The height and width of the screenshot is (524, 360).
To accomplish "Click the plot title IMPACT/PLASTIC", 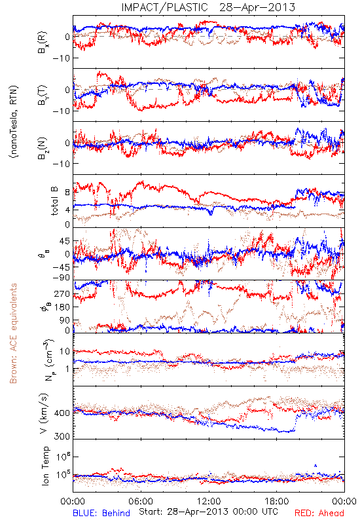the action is coord(165,7).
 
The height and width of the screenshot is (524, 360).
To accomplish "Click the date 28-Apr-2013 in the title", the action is coord(257,7).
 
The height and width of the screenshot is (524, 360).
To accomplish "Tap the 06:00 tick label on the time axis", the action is coord(141,501).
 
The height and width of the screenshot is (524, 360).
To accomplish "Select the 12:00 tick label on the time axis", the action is coord(209,501).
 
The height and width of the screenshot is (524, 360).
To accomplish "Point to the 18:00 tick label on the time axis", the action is coord(277,501).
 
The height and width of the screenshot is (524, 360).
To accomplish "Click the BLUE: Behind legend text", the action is coord(101,513).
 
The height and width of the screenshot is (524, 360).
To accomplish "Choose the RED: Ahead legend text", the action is coord(319,513).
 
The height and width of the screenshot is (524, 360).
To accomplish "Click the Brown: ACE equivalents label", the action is coord(13,333).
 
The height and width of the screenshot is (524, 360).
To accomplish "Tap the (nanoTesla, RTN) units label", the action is coord(14,122).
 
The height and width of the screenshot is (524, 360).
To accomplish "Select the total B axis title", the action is coord(54,201).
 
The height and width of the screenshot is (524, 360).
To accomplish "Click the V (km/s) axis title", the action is coord(44,413).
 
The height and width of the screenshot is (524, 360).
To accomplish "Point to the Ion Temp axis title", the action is coord(45,466).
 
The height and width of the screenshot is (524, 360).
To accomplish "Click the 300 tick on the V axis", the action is coord(62,436).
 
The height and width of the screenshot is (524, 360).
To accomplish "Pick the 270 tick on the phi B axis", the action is coord(62,294).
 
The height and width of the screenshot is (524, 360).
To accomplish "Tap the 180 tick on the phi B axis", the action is coord(62,307).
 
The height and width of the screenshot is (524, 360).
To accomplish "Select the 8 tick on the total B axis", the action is coord(67,193).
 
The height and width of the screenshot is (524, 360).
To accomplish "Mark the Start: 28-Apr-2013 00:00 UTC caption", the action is coord(208,512).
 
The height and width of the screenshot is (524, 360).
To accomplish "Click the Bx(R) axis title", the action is coord(43,43).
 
